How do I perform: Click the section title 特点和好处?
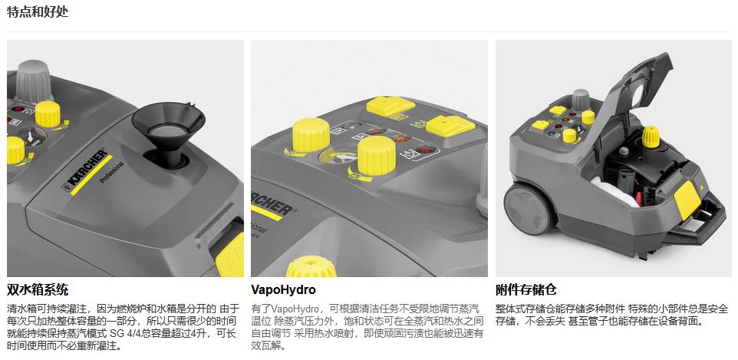pos(29,12)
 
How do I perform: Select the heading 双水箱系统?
pos(38,290)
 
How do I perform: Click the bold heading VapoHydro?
pos(283,290)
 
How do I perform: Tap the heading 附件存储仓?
pos(525,290)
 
